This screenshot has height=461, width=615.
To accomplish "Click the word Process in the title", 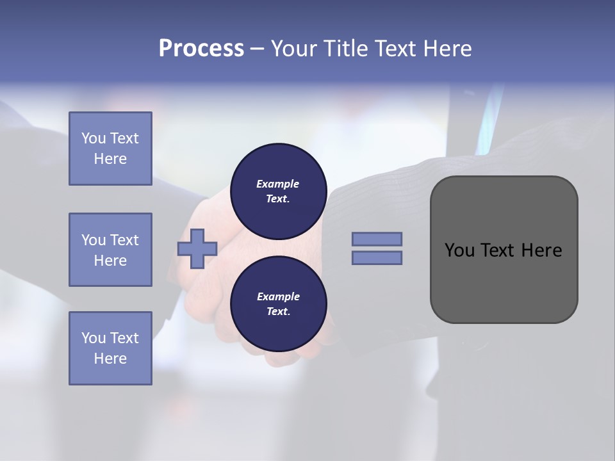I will click(x=201, y=49).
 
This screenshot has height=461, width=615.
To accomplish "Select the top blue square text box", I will click(x=110, y=149).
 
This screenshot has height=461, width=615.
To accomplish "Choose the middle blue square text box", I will click(x=110, y=250).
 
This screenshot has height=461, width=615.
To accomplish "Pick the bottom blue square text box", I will click(x=110, y=348).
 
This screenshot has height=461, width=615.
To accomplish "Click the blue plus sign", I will click(x=197, y=248).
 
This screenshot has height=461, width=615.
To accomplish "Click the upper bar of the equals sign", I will click(x=377, y=239).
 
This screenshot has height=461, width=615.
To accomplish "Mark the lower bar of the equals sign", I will click(x=377, y=258).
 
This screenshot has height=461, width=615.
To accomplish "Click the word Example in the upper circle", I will click(x=277, y=184).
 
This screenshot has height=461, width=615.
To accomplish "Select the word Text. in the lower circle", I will click(x=278, y=311).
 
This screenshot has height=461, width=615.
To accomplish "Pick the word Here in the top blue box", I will click(x=110, y=159).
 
